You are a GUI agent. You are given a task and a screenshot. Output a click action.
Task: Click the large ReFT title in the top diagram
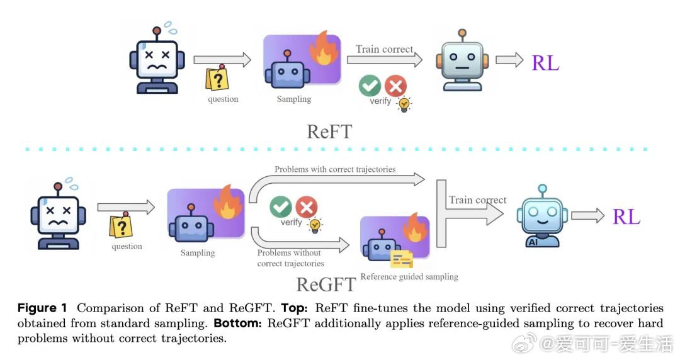tap(329, 132)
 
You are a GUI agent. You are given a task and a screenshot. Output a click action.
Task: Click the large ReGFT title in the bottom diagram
tap(326, 284)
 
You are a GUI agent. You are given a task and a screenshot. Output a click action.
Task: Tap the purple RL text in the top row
tap(545, 63)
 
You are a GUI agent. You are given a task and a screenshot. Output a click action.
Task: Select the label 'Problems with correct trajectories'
tap(335, 169)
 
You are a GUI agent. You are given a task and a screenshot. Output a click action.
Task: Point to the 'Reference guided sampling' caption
tap(409, 277)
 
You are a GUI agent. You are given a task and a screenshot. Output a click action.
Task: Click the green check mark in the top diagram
tap(370, 86)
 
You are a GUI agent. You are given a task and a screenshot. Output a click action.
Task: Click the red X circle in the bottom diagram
tap(307, 206)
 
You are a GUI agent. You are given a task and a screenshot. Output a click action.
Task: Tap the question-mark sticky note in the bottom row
tap(121, 225)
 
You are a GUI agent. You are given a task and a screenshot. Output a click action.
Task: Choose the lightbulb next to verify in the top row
tap(404, 104)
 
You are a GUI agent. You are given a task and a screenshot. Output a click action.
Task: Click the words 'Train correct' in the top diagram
tap(384, 49)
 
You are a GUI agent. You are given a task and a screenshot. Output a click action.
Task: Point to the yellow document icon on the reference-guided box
tap(401, 259)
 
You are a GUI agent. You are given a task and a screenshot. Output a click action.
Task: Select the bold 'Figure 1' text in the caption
tap(42, 308)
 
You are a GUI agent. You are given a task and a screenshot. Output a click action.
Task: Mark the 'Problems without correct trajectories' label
tap(290, 258)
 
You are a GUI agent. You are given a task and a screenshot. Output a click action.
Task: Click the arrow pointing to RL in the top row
tap(509, 60)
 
